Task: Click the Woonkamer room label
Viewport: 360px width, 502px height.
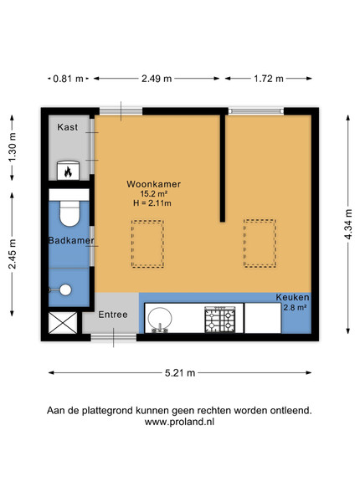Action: click(x=154, y=184)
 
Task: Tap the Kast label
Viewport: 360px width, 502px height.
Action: click(x=68, y=127)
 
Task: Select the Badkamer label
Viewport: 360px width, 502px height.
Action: click(x=71, y=240)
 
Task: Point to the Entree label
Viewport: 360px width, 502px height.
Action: click(x=113, y=315)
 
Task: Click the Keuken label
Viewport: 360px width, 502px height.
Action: click(x=293, y=297)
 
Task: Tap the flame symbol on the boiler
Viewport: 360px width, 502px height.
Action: click(x=68, y=172)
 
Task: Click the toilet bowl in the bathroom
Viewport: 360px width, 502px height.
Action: click(x=69, y=213)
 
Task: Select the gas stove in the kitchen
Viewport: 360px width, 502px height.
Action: click(x=220, y=320)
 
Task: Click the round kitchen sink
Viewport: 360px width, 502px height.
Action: click(x=160, y=319)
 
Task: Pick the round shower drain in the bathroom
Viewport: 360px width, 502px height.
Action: click(x=65, y=289)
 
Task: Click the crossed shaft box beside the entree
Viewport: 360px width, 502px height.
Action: click(x=63, y=323)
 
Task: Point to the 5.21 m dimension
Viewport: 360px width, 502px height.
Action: click(x=180, y=373)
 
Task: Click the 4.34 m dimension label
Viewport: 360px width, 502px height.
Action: click(x=348, y=224)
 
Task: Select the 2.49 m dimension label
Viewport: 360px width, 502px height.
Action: click(x=157, y=79)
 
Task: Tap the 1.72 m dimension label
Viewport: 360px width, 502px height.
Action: click(x=269, y=79)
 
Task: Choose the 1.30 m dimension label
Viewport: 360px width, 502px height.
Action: click(x=13, y=147)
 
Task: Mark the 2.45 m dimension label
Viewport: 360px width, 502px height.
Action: click(x=13, y=254)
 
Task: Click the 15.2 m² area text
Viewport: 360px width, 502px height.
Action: click(x=154, y=194)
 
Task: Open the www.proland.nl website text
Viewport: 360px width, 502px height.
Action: click(x=179, y=422)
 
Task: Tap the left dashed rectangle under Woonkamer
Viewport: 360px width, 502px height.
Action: click(x=147, y=244)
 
